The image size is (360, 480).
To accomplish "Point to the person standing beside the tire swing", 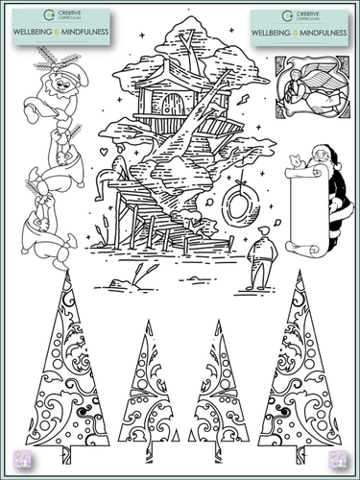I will [261, 259].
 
